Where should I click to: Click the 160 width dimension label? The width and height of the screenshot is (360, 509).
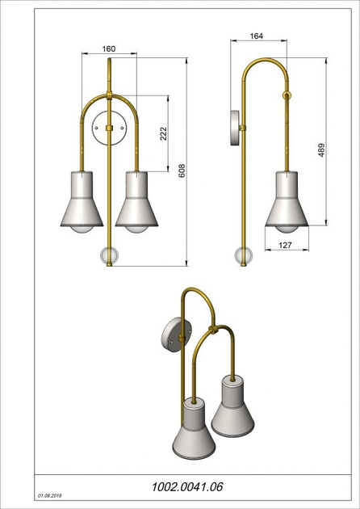(109, 48)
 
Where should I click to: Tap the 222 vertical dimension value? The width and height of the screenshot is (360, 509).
(163, 134)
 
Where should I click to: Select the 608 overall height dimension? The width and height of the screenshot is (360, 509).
(182, 170)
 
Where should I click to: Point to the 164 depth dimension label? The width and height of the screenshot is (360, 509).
(256, 36)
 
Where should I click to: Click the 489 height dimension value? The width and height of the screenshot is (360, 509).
(321, 150)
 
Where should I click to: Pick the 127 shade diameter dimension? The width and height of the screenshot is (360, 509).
(286, 245)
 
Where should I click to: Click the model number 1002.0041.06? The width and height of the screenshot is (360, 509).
(187, 487)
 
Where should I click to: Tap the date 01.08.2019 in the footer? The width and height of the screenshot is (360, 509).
(50, 496)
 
